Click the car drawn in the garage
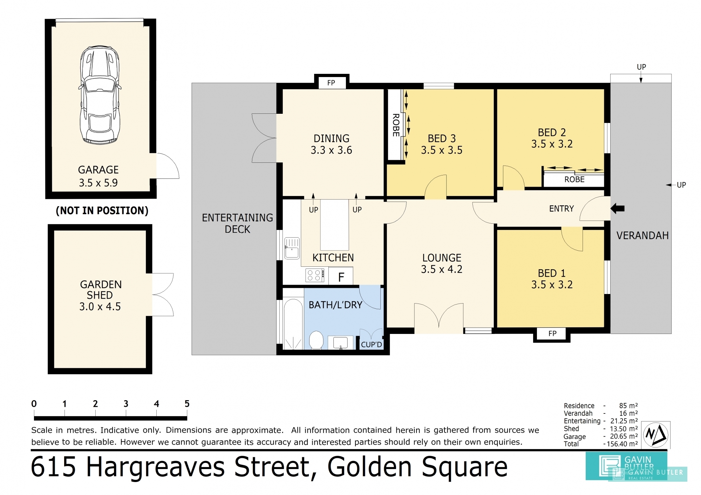100,95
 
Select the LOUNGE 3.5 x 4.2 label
442,264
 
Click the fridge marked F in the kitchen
341,277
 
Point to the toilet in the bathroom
316,340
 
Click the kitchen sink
292,248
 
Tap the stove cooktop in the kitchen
315,275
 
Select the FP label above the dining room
331,83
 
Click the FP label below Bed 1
552,334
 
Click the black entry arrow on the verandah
618,209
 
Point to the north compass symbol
656,435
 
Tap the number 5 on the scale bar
187,404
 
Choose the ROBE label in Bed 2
574,180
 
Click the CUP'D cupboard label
371,344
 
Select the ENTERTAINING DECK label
237,223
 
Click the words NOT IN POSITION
102,210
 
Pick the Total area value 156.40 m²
622,444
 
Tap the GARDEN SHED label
101,290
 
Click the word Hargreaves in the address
155,467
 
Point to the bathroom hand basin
340,343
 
